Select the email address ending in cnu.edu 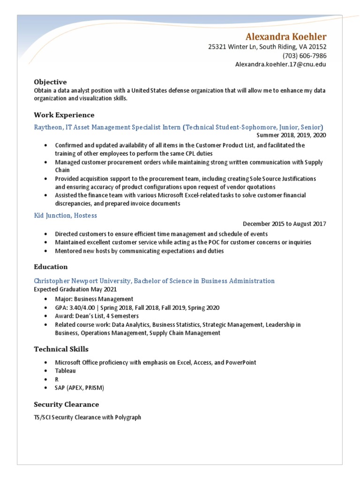click(x=280, y=64)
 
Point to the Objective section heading click(x=50, y=82)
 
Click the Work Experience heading click(x=64, y=115)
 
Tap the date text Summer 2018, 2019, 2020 click(x=291, y=135)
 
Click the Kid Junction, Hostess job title click(x=66, y=215)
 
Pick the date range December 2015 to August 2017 click(x=285, y=224)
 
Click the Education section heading click(x=51, y=267)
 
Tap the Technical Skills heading click(x=61, y=349)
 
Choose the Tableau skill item click(x=65, y=371)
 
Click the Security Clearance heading click(x=66, y=404)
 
